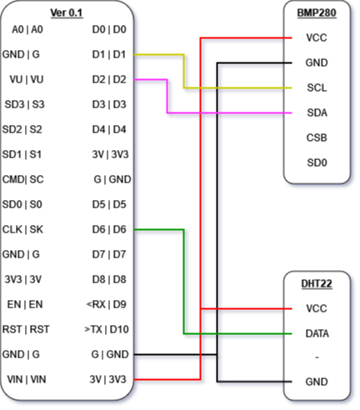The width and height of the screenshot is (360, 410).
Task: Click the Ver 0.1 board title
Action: point(67,12)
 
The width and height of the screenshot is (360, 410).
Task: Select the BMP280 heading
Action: point(317,12)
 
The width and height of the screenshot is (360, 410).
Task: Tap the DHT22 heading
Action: point(317,283)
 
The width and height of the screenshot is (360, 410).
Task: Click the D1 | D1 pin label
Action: point(109,54)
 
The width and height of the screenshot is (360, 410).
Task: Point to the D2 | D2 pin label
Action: point(109,79)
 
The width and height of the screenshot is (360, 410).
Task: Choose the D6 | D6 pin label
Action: point(109,229)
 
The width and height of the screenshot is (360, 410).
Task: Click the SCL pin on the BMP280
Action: point(317,87)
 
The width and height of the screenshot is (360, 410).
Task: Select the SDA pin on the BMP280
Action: point(317,112)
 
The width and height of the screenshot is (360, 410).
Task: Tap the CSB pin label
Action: point(317,137)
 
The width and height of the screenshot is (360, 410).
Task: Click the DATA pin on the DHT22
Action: point(317,333)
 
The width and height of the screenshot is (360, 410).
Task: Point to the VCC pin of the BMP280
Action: point(317,37)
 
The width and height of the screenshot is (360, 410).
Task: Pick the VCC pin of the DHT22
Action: point(317,308)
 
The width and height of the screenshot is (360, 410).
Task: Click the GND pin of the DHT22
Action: point(317,382)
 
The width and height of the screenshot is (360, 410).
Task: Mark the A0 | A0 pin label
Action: point(27,29)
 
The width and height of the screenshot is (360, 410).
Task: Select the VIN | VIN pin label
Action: point(27,379)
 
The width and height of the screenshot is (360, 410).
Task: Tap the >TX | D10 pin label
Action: point(107,329)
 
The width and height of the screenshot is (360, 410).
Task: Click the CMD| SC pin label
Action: point(23,179)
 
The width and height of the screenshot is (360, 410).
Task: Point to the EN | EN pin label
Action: point(25,304)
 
